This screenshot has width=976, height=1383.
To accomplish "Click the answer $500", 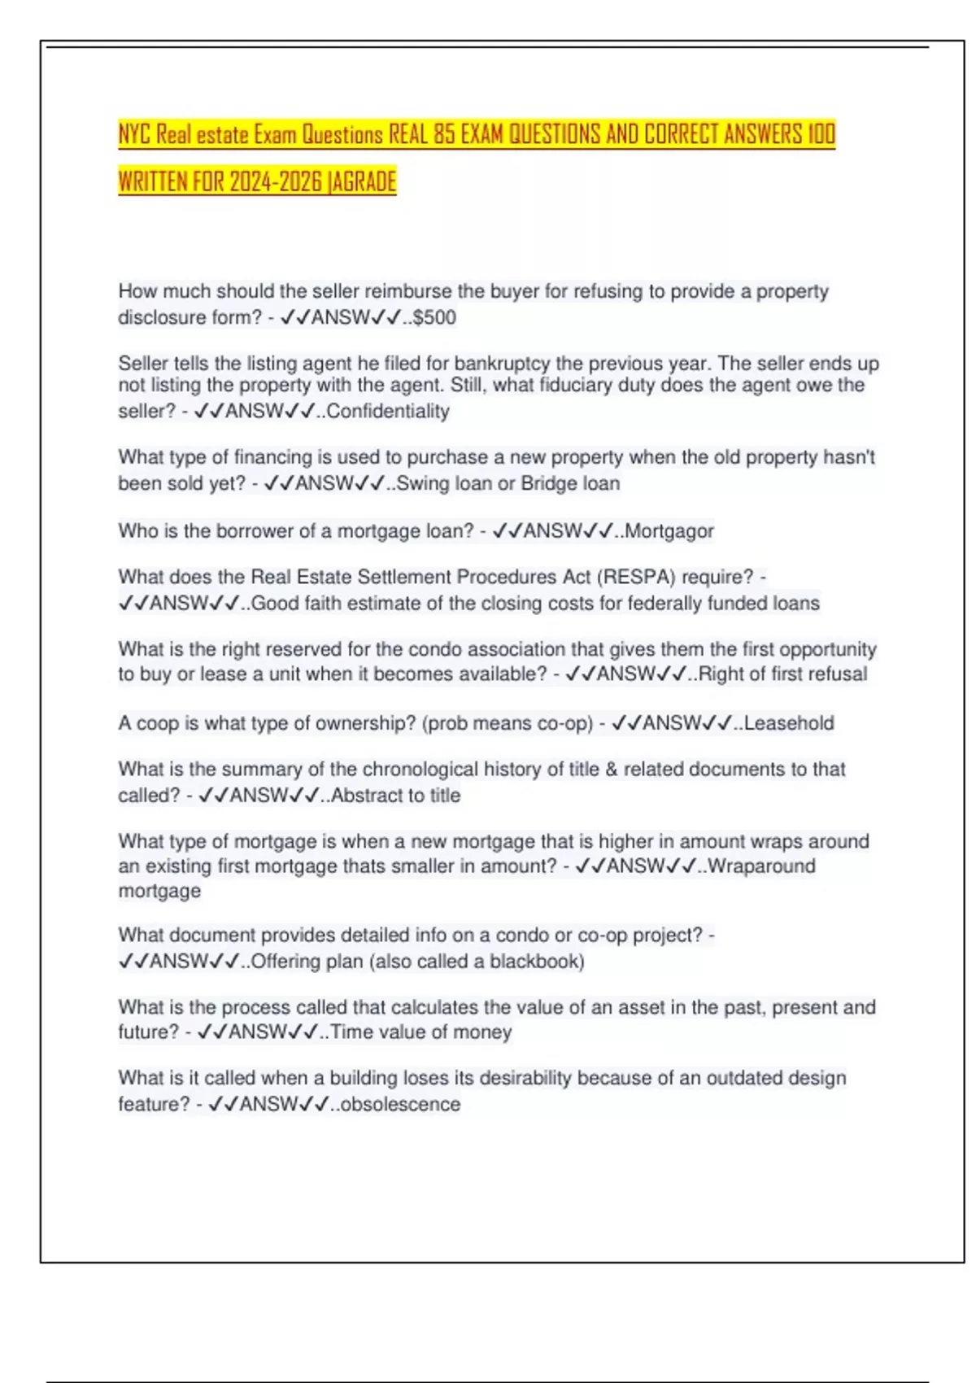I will [x=434, y=317].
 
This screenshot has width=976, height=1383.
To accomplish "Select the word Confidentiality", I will [x=388, y=412].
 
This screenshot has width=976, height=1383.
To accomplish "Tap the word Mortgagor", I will [x=669, y=531].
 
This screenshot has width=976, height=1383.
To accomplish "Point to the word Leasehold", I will [x=789, y=723].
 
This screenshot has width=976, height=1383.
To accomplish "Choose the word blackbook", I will [x=534, y=962].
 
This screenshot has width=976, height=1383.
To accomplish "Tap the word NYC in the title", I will [x=134, y=133].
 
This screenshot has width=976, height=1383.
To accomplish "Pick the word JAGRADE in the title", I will [x=362, y=181].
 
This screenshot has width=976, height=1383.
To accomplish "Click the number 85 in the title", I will [x=444, y=133].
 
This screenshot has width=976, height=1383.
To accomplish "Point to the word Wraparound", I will [x=762, y=866].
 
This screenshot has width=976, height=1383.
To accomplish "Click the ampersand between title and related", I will [x=612, y=770].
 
